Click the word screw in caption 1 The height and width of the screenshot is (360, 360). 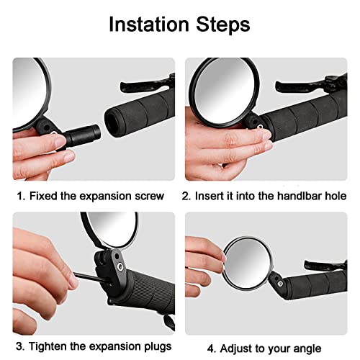148,196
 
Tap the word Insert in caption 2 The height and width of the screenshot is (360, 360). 214,196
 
